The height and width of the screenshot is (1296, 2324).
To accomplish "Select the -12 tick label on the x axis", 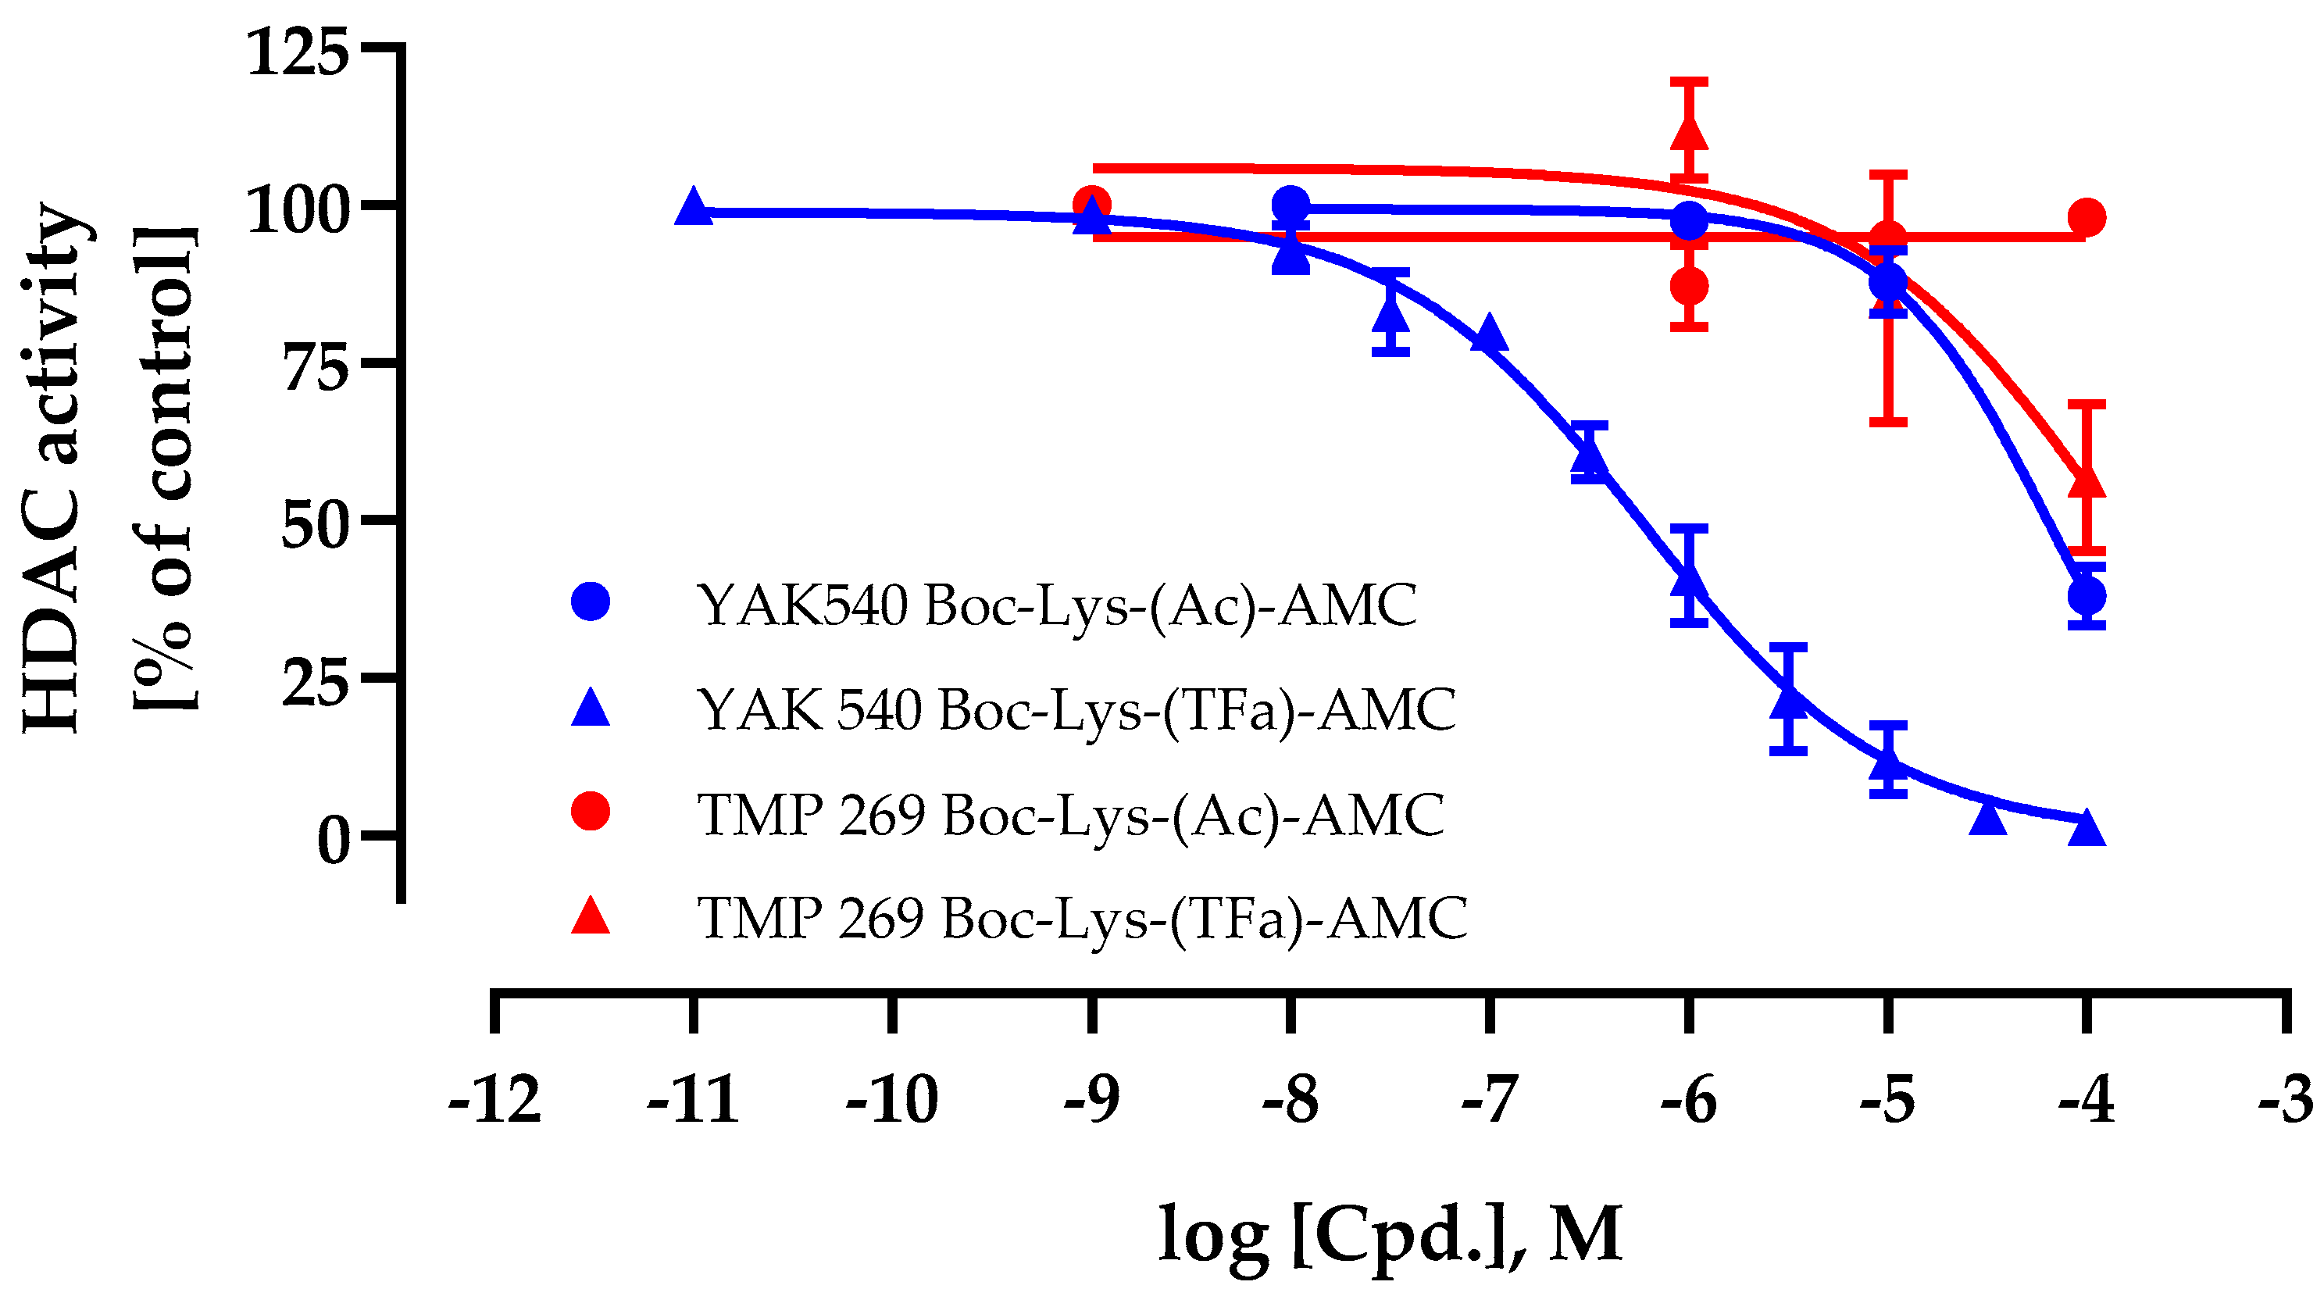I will [494, 1100].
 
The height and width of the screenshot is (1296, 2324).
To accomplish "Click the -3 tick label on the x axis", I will [2285, 1100].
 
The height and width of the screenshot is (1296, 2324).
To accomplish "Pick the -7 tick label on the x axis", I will [1490, 1100].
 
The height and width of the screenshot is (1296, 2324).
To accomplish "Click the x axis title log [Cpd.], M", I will [1390, 1233].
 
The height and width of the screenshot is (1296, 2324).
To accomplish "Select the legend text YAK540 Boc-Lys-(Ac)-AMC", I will [1056, 605].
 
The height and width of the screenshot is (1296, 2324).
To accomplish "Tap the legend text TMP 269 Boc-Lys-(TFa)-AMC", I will [1083, 919].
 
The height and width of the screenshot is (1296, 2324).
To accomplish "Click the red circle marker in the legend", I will [591, 812].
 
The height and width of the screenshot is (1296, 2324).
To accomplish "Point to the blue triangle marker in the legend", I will [591, 709].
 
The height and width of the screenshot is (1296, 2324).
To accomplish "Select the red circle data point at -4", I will [2087, 217].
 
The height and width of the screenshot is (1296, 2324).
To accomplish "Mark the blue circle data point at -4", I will [2087, 595].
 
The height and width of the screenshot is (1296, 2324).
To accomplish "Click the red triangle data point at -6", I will [1689, 134].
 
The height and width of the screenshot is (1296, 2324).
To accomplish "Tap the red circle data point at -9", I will [1091, 205].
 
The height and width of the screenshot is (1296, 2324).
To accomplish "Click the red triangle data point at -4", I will [2087, 481].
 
